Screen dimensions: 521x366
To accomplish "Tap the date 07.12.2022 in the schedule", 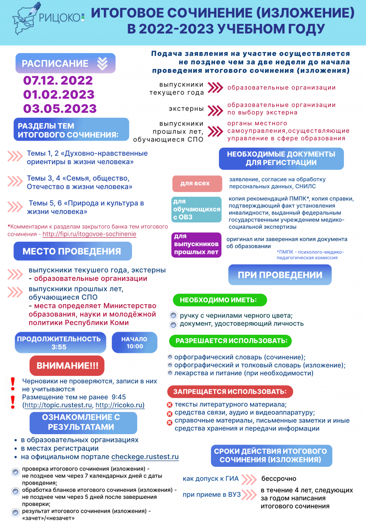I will [58, 80].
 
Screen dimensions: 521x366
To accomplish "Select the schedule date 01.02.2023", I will [59, 94].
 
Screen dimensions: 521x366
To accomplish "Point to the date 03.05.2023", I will [60, 109].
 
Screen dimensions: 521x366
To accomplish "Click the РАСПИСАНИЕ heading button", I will [65, 63].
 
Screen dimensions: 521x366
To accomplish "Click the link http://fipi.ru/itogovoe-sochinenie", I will [89, 234].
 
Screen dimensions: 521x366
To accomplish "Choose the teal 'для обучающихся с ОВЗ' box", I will [196, 209].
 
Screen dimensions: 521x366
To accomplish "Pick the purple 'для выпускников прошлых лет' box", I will [196, 245].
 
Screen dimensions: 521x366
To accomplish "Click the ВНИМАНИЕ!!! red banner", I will [67, 366].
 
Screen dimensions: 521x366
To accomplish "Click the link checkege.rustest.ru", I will [145, 457].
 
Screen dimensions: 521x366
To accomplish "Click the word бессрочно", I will [279, 479].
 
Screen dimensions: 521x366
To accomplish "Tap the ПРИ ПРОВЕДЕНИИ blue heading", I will [280, 275].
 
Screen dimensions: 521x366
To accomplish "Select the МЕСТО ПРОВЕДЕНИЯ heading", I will [72, 251].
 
